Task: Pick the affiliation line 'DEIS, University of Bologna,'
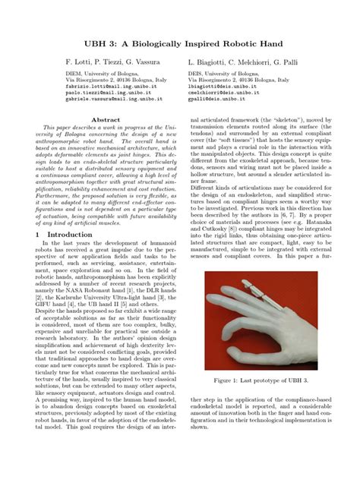(226, 73)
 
